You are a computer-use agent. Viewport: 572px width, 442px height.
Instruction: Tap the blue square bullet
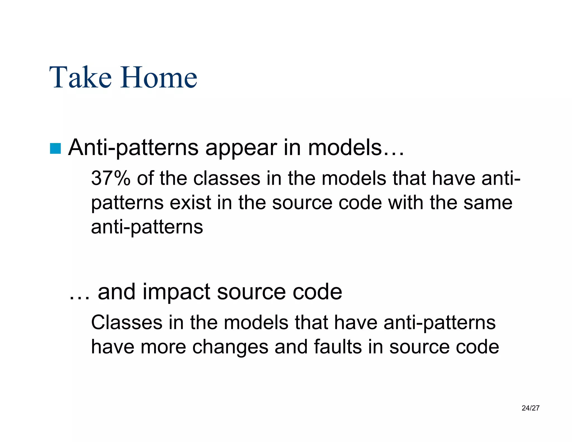click(x=55, y=148)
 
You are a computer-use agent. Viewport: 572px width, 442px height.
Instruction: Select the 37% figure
click(x=111, y=178)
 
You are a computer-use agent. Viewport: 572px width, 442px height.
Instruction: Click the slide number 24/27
click(x=530, y=408)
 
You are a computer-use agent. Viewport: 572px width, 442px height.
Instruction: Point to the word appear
click(x=241, y=148)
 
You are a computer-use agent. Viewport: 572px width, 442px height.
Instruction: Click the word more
click(x=163, y=347)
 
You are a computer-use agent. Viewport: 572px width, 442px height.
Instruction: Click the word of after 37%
click(x=145, y=178)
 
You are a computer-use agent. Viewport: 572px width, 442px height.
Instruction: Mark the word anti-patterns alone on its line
click(x=147, y=227)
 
